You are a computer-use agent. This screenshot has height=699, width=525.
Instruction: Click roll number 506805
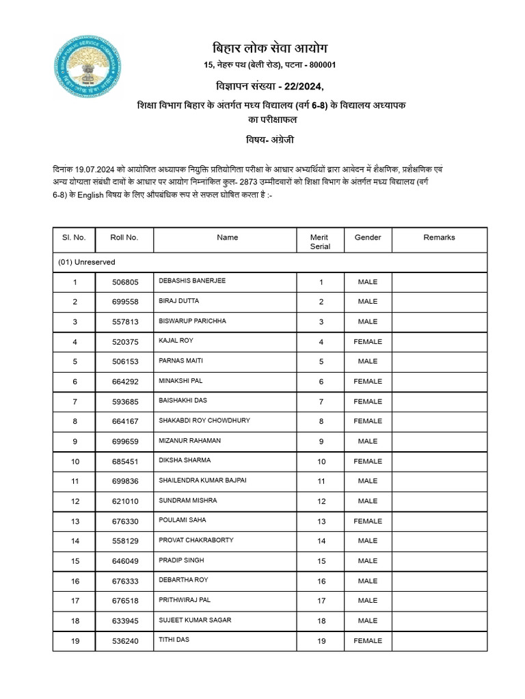tap(124, 281)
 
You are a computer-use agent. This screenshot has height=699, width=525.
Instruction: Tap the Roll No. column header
tap(124, 238)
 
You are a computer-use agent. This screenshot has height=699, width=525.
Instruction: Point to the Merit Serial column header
tap(320, 242)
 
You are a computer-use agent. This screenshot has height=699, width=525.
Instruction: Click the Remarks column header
tap(439, 238)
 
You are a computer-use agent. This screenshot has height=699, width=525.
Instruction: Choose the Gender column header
tap(368, 238)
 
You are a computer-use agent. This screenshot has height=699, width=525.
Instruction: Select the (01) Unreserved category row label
tap(87, 262)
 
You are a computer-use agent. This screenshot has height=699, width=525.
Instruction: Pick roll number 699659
tap(124, 442)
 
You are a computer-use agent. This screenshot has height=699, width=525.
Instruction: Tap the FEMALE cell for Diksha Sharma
tap(368, 461)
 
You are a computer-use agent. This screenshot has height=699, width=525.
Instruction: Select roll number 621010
tap(124, 501)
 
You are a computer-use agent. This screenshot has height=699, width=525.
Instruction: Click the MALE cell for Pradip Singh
tap(368, 561)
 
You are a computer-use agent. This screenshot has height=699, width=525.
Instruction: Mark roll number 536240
tap(124, 641)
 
